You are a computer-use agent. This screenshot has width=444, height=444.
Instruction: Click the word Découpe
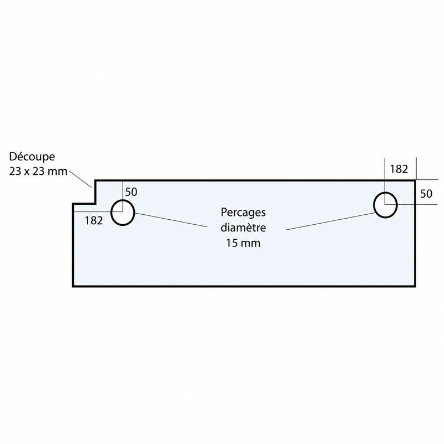click(x=32, y=157)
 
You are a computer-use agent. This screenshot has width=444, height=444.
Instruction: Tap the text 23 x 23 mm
click(x=38, y=171)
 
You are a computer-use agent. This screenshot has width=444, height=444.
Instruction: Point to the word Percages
click(x=243, y=212)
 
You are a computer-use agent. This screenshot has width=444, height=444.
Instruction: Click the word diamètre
click(x=243, y=228)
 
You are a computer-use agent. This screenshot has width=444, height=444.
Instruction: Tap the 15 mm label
click(x=243, y=243)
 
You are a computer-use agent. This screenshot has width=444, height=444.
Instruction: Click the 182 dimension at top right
click(x=399, y=169)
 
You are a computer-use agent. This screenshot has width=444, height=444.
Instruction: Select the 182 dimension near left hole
click(x=94, y=220)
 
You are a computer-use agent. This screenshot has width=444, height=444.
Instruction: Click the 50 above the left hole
click(x=131, y=192)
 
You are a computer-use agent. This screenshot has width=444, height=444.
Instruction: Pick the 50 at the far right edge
click(x=426, y=194)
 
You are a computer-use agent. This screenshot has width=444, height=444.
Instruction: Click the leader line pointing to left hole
click(x=171, y=220)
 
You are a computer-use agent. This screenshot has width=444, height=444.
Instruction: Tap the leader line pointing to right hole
click(x=330, y=221)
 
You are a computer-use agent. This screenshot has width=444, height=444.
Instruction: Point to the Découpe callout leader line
click(x=80, y=178)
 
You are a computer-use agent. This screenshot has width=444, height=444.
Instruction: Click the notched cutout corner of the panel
click(x=95, y=203)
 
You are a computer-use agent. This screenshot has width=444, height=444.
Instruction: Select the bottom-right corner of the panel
click(x=415, y=286)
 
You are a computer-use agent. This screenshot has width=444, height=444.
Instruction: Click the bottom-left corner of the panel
click(x=73, y=286)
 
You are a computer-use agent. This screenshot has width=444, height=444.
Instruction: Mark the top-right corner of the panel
click(x=415, y=180)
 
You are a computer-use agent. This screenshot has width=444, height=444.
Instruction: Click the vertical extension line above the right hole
click(x=385, y=181)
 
